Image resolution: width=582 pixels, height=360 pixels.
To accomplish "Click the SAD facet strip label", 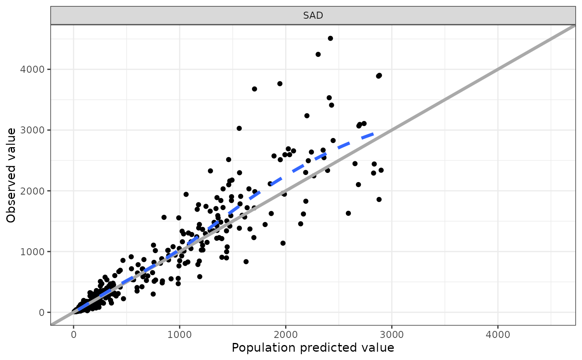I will click(x=313, y=16).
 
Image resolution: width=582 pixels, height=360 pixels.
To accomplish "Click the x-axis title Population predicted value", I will click(x=313, y=348).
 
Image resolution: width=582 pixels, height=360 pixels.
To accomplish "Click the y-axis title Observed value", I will click(x=11, y=175).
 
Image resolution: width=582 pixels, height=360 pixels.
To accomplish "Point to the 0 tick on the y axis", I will click(x=41, y=312).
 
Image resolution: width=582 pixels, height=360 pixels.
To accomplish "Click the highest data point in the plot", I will click(x=330, y=38).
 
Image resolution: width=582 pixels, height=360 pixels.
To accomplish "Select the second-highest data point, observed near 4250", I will click(x=318, y=54).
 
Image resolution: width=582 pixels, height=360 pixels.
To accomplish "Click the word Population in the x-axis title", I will click(x=258, y=348).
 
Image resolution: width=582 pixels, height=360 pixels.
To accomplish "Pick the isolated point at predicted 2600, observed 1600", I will click(x=348, y=213).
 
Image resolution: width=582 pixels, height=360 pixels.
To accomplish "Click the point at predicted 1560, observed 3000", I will click(x=239, y=128).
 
